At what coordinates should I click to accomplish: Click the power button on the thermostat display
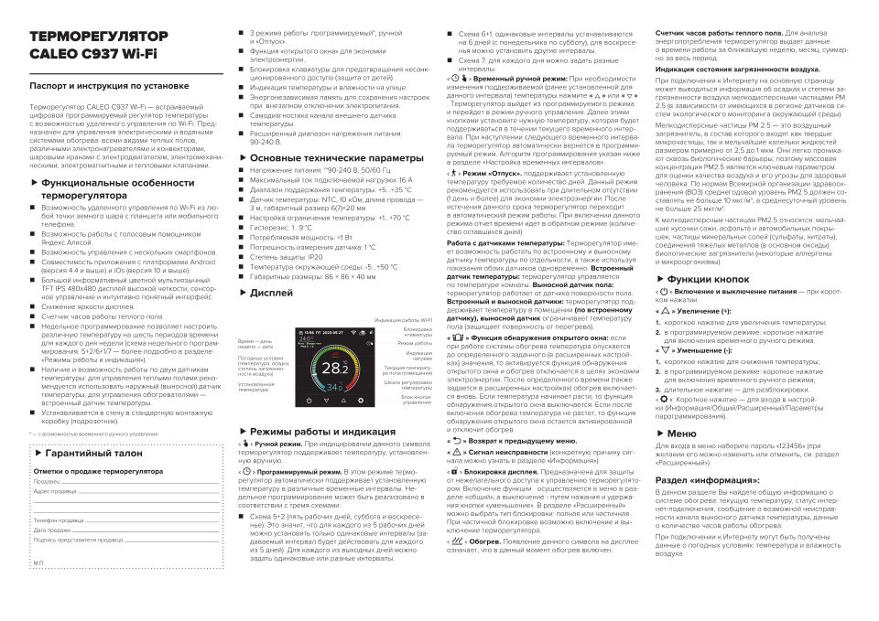click(x=309, y=401)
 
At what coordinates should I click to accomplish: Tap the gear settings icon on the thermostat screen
click(x=361, y=401)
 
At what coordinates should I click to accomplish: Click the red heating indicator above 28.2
click(x=335, y=355)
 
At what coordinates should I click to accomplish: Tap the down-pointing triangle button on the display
click(x=326, y=401)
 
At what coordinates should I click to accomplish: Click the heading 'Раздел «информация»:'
click(x=707, y=478)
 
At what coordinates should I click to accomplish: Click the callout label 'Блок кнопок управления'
click(x=417, y=400)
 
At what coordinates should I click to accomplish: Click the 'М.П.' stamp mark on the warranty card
click(x=38, y=562)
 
